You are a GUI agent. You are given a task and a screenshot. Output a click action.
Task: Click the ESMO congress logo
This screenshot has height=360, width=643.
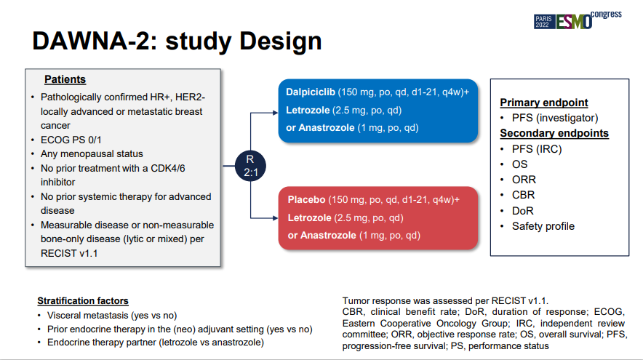pyautogui.click(x=578, y=20)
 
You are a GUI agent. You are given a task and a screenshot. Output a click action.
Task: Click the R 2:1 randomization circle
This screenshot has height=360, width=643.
pyautogui.click(x=250, y=166)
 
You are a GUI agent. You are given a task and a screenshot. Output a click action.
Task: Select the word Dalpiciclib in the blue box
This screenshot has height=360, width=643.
pyautogui.click(x=311, y=92)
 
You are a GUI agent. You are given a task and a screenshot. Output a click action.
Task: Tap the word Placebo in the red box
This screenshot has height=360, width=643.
pyautogui.click(x=306, y=200)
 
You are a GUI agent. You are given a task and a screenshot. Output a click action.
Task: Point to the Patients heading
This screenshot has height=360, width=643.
pyautogui.click(x=65, y=79)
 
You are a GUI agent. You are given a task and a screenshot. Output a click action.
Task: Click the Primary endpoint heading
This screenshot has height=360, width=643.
pyautogui.click(x=544, y=103)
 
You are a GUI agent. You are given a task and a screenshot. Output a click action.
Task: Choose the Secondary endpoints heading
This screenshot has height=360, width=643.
pyautogui.click(x=554, y=133)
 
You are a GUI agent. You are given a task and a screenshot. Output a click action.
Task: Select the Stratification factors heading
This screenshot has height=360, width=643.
pyautogui.click(x=83, y=301)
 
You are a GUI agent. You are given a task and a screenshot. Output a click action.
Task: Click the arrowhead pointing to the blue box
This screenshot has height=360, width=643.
pyautogui.click(x=276, y=113)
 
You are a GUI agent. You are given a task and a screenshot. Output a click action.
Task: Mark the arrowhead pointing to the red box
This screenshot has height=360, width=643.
pyautogui.click(x=276, y=218)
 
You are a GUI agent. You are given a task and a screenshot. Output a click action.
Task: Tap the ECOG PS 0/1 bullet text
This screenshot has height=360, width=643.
pyautogui.click(x=71, y=140)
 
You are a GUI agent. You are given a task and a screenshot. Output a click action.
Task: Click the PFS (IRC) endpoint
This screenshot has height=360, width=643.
pyautogui.click(x=537, y=149)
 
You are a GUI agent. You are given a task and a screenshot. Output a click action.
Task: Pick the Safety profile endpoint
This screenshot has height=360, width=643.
pyautogui.click(x=543, y=226)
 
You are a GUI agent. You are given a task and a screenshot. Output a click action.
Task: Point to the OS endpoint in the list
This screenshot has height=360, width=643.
pyautogui.click(x=519, y=164)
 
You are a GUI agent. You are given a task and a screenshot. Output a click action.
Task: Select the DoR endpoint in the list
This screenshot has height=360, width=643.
pyautogui.click(x=522, y=211)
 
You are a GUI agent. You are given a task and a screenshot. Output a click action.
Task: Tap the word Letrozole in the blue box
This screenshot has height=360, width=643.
pyautogui.click(x=308, y=111)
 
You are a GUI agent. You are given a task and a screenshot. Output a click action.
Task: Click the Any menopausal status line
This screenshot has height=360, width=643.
pyautogui.click(x=92, y=154)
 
